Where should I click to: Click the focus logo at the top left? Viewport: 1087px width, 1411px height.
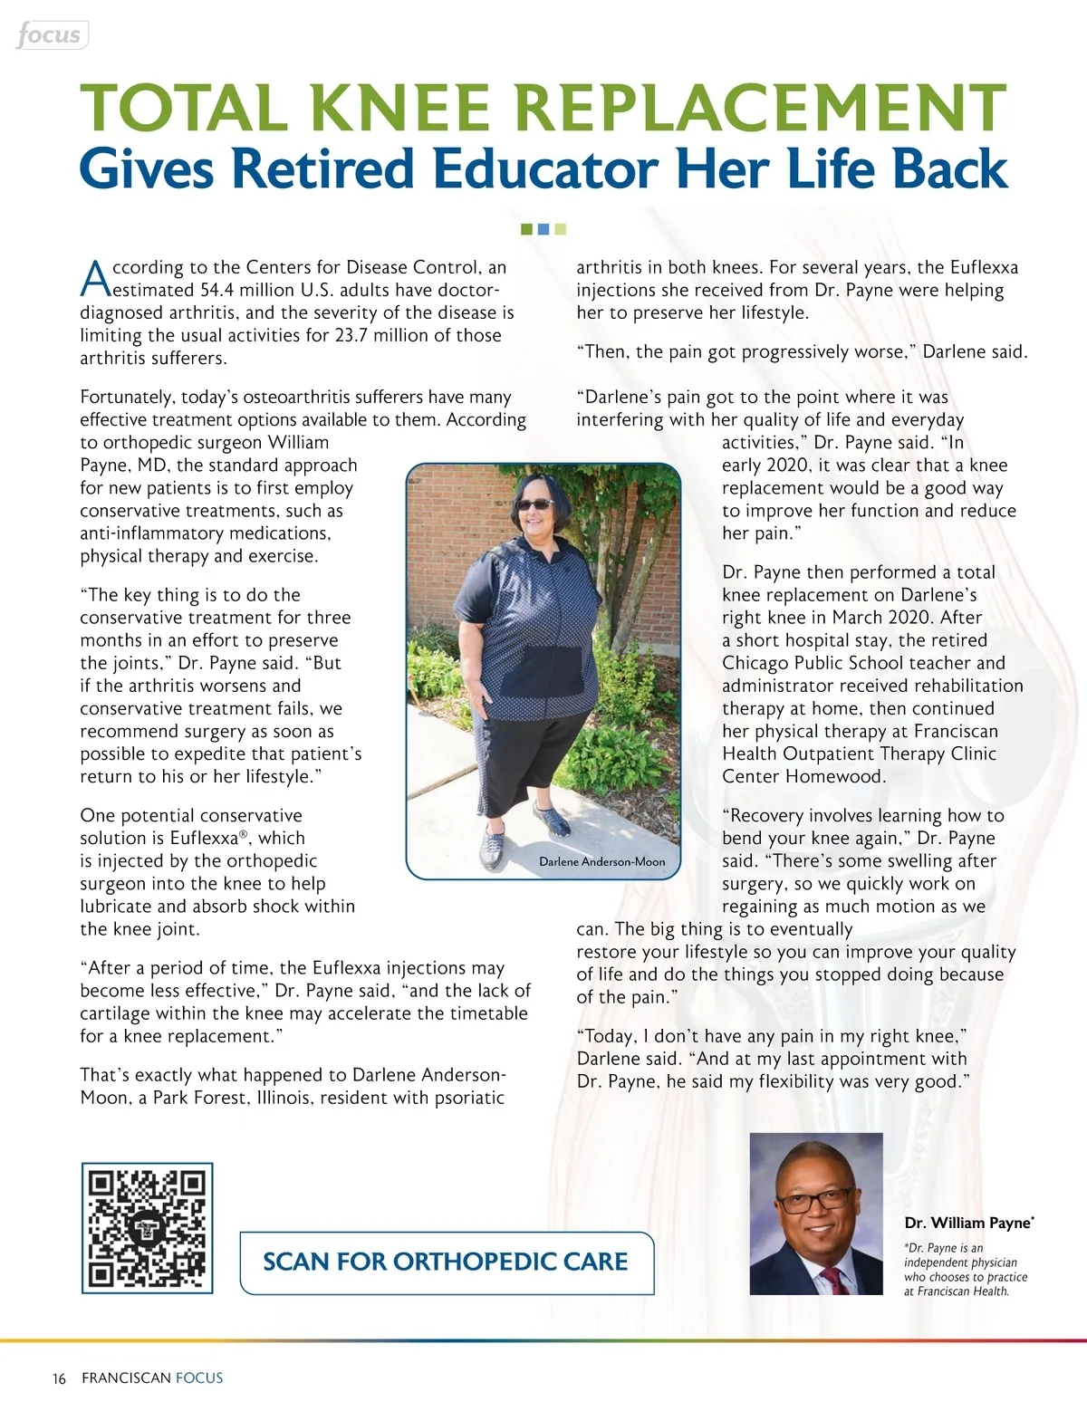point(51,35)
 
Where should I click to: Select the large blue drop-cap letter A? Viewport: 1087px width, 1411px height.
point(95,279)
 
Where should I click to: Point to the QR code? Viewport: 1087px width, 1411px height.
point(148,1228)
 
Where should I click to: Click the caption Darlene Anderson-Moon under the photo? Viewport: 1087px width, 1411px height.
point(601,861)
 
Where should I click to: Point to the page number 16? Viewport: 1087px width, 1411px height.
point(59,1378)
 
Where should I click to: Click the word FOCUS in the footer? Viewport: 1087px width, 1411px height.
point(199,1378)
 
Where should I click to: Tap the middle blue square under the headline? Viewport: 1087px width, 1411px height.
point(543,229)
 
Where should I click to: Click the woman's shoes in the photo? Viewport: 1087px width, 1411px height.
point(534,835)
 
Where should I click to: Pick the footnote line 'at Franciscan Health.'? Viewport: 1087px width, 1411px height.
point(957,1291)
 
